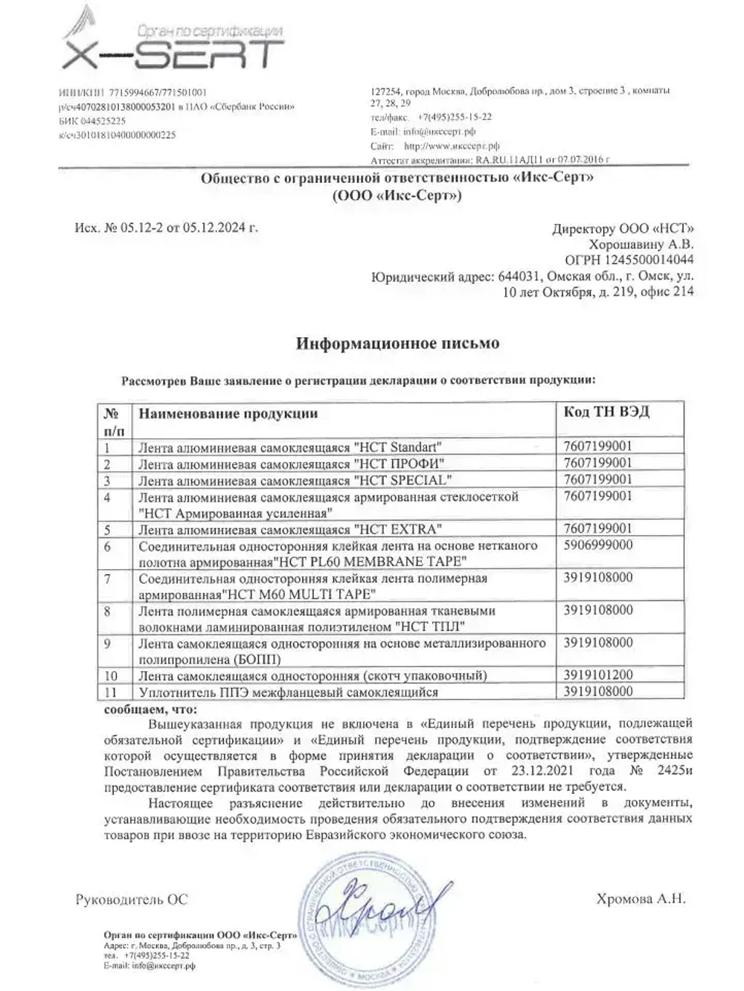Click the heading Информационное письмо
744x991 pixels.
397,344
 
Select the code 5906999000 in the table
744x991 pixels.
598,545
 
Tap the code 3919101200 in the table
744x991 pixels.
598,676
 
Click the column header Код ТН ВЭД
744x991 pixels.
606,412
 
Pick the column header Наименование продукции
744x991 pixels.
228,414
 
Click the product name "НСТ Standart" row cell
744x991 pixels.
290,447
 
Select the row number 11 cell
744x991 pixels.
112,692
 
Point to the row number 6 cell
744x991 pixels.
108,547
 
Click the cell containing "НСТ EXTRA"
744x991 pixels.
290,530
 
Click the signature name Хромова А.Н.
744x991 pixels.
641,899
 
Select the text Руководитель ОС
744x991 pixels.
132,899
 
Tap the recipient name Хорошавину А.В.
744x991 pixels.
641,244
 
